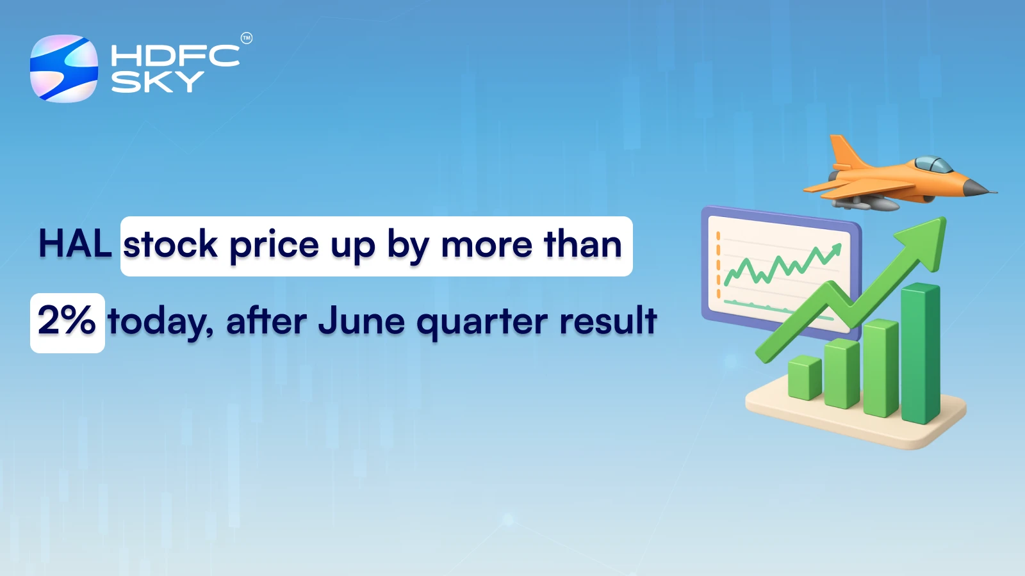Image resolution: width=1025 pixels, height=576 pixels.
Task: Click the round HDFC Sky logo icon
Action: [64, 68]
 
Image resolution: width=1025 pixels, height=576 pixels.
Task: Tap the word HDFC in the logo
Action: [174, 56]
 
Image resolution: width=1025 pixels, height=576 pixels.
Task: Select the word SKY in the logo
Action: [157, 82]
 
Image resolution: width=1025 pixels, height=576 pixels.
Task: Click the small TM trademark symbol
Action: [247, 38]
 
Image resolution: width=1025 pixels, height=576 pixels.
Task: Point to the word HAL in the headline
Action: [75, 244]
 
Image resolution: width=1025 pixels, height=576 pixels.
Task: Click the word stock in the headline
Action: [170, 246]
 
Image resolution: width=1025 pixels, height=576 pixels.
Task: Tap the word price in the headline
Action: [274, 246]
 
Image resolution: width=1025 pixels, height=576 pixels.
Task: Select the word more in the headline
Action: [486, 246]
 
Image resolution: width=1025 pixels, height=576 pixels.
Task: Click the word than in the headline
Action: [582, 244]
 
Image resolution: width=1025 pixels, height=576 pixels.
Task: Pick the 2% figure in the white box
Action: [67, 321]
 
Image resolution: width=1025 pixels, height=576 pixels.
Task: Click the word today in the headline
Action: [160, 322]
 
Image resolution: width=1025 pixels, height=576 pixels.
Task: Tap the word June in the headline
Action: [361, 321]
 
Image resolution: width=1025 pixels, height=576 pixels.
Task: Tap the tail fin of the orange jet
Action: [843, 151]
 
